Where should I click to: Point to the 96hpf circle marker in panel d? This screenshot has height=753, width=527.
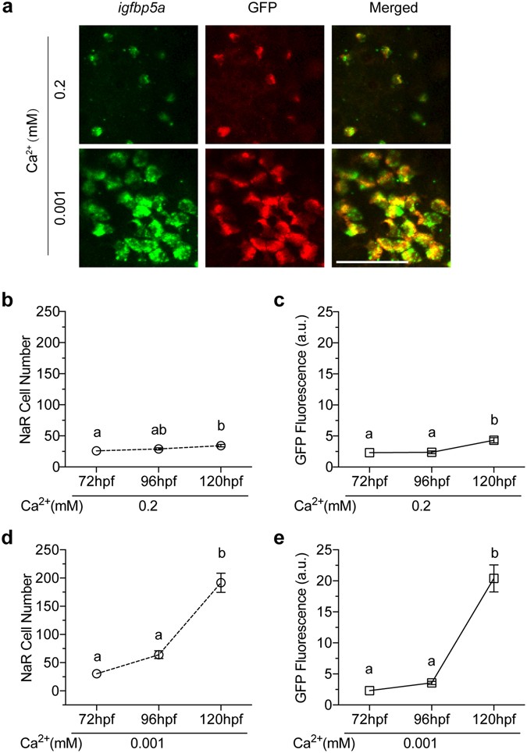click(x=158, y=655)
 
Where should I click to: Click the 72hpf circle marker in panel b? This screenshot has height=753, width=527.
click(x=97, y=451)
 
